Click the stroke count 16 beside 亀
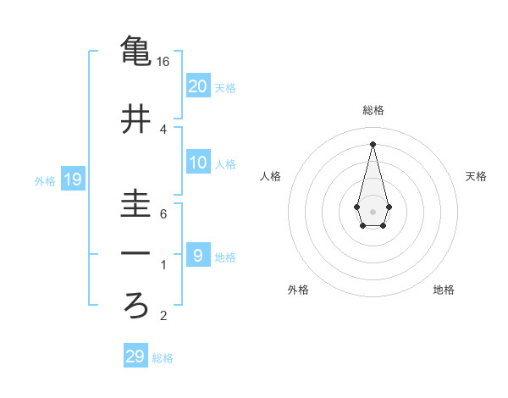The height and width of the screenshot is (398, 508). (163, 62)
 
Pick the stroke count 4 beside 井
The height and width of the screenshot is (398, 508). (163, 130)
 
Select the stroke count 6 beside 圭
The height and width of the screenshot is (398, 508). (163, 214)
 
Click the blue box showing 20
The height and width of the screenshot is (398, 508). (198, 86)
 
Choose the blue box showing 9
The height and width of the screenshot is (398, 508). (198, 254)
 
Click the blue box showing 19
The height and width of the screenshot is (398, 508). (72, 179)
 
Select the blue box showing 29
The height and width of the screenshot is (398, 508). (135, 357)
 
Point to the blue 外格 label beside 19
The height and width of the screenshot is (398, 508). (45, 180)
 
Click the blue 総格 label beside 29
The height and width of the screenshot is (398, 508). (163, 358)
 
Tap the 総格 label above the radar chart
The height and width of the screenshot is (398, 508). (373, 110)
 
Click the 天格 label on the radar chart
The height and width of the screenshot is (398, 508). (476, 176)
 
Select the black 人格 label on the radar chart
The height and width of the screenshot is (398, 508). (270, 176)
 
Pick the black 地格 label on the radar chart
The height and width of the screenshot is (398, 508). (444, 290)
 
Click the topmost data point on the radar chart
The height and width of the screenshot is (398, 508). (373, 143)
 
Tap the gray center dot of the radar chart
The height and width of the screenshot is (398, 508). (373, 210)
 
